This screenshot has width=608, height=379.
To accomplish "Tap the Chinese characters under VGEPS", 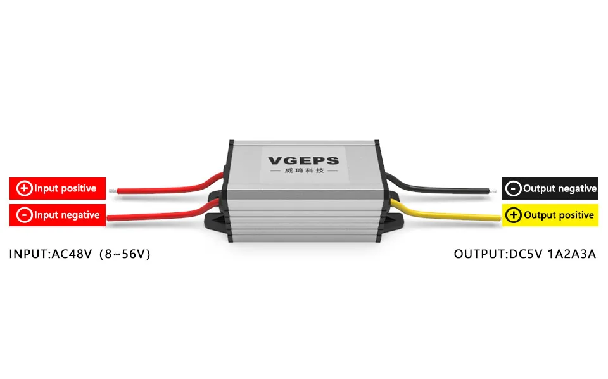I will [303, 172].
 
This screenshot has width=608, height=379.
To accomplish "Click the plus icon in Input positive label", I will [25, 188].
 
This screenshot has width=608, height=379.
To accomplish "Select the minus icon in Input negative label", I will [24, 215].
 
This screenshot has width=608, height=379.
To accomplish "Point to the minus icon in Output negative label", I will [514, 188].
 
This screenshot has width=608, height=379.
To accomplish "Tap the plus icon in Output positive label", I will [514, 215].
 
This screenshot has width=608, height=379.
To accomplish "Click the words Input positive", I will [65, 188].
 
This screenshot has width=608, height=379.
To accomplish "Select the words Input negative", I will [66, 215].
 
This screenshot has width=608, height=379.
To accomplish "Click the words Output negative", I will [559, 188].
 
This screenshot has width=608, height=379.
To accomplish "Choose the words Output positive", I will [559, 215].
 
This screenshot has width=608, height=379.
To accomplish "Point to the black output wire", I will [443, 188].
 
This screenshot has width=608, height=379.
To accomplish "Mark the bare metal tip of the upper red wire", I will [111, 189].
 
